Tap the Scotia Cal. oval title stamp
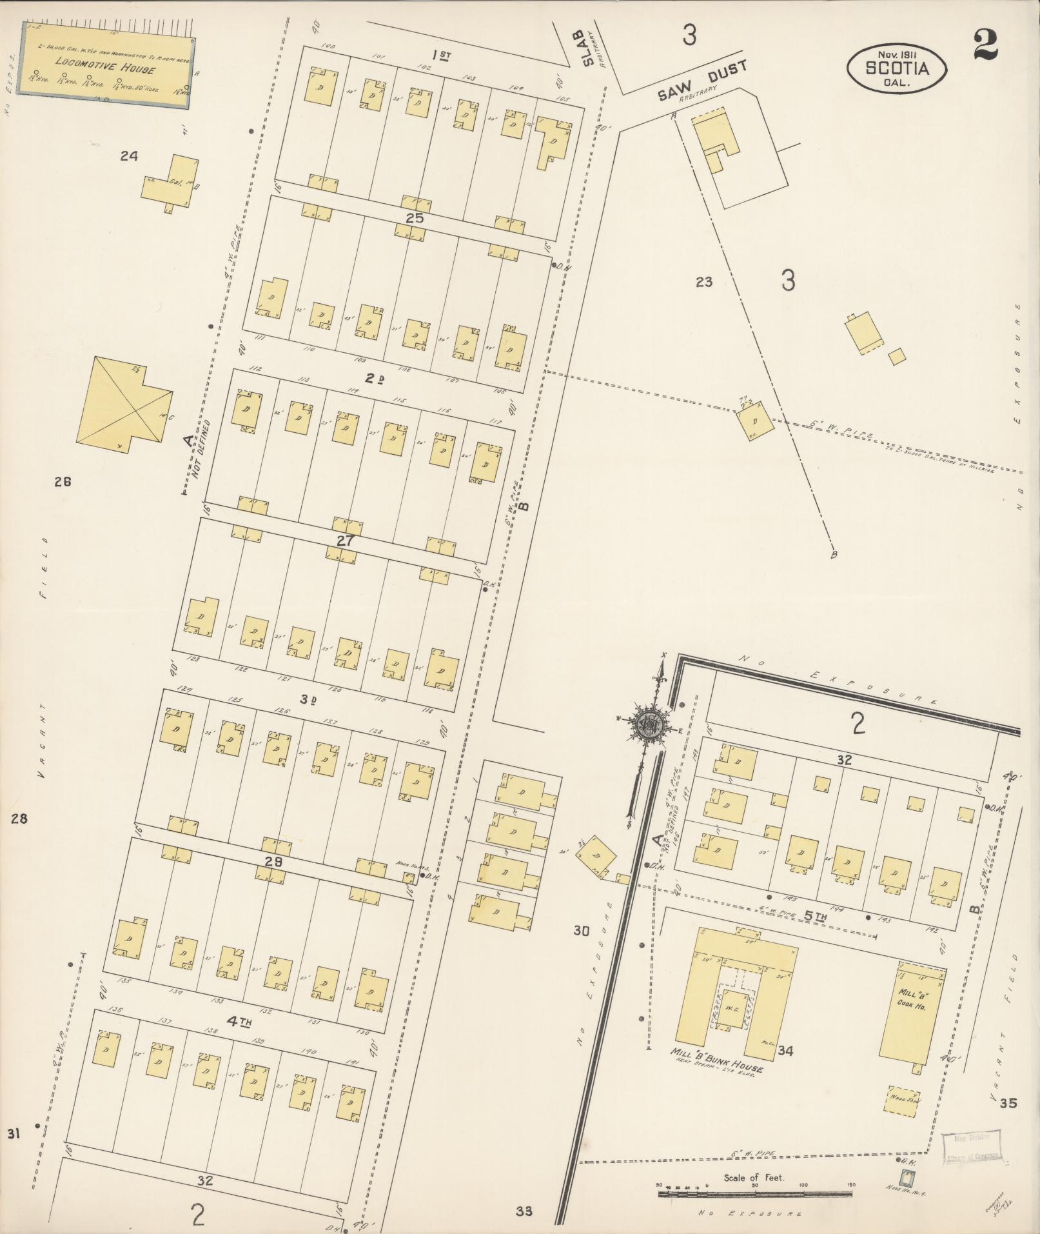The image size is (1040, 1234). point(897,68)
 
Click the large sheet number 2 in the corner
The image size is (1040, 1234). point(986,45)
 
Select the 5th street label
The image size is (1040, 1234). point(814,915)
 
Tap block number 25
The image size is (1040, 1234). point(415,218)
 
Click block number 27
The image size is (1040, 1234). point(346,541)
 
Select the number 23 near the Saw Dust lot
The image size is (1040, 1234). point(703,282)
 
